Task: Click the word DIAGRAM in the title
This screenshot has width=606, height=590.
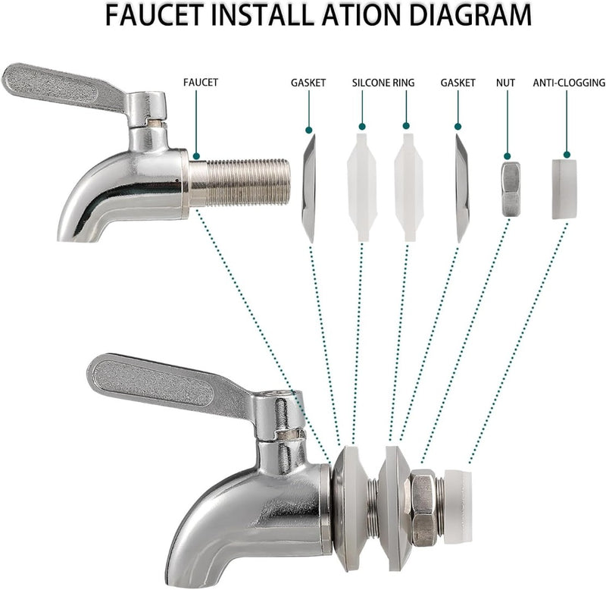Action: (470, 15)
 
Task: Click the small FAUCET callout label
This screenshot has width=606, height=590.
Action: (201, 83)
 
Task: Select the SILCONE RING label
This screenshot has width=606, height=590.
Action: (383, 83)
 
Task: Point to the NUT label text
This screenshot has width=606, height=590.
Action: (505, 83)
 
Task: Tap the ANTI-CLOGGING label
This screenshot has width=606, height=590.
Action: (569, 83)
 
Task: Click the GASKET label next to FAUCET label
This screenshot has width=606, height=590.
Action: (308, 83)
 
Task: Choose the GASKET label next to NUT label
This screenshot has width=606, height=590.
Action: (458, 83)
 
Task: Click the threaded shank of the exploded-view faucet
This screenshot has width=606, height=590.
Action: (239, 183)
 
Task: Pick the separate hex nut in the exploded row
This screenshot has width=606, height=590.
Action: (511, 189)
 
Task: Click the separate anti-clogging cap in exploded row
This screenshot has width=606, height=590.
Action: (564, 189)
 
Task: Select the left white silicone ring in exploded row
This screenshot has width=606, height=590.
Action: (362, 187)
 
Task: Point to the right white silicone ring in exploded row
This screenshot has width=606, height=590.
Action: (409, 187)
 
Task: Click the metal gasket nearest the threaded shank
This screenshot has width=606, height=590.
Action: (309, 188)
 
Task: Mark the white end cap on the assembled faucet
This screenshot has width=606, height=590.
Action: (458, 507)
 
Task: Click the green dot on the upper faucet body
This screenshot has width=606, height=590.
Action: (196, 156)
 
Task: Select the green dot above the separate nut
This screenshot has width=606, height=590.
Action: (508, 156)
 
